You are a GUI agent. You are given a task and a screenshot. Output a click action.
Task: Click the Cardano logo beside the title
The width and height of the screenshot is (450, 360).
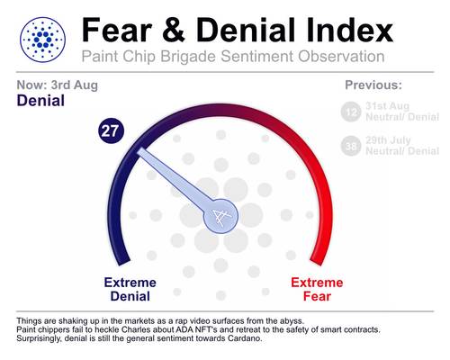coord(42,40)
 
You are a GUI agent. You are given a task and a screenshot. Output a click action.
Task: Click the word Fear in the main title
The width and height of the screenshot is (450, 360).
coord(117,30)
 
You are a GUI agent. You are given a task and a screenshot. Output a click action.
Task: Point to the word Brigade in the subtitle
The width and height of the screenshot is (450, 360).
coord(188,57)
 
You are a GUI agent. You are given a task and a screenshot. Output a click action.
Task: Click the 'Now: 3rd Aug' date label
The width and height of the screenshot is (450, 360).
coord(58,85)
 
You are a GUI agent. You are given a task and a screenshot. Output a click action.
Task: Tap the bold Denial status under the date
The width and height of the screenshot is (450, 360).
coord(40,101)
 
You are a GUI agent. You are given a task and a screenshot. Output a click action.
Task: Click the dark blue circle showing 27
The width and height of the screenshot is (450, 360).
coord(111,130)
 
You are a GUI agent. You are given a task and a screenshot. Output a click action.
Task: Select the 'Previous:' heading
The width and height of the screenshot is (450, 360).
coord(373,85)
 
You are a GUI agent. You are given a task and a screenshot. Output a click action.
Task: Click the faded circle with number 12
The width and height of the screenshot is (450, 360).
coord(351,112)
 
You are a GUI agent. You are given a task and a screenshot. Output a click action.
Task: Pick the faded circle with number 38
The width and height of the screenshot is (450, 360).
coord(351,146)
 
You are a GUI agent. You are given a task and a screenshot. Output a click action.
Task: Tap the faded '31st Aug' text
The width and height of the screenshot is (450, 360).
coord(387,106)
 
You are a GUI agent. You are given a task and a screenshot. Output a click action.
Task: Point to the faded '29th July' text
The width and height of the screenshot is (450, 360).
coord(388,140)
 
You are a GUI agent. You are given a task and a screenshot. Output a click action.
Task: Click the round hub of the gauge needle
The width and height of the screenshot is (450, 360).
coord(220,216)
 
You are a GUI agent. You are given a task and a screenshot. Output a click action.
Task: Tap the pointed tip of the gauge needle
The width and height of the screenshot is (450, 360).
coord(139,150)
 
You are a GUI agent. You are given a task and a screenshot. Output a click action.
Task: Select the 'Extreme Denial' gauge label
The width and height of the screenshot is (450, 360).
coord(130,289)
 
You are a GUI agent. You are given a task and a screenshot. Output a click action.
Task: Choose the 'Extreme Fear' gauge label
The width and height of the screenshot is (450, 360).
coord(317,289)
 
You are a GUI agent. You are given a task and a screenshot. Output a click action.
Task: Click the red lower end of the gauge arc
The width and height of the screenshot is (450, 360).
coord(317,260)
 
